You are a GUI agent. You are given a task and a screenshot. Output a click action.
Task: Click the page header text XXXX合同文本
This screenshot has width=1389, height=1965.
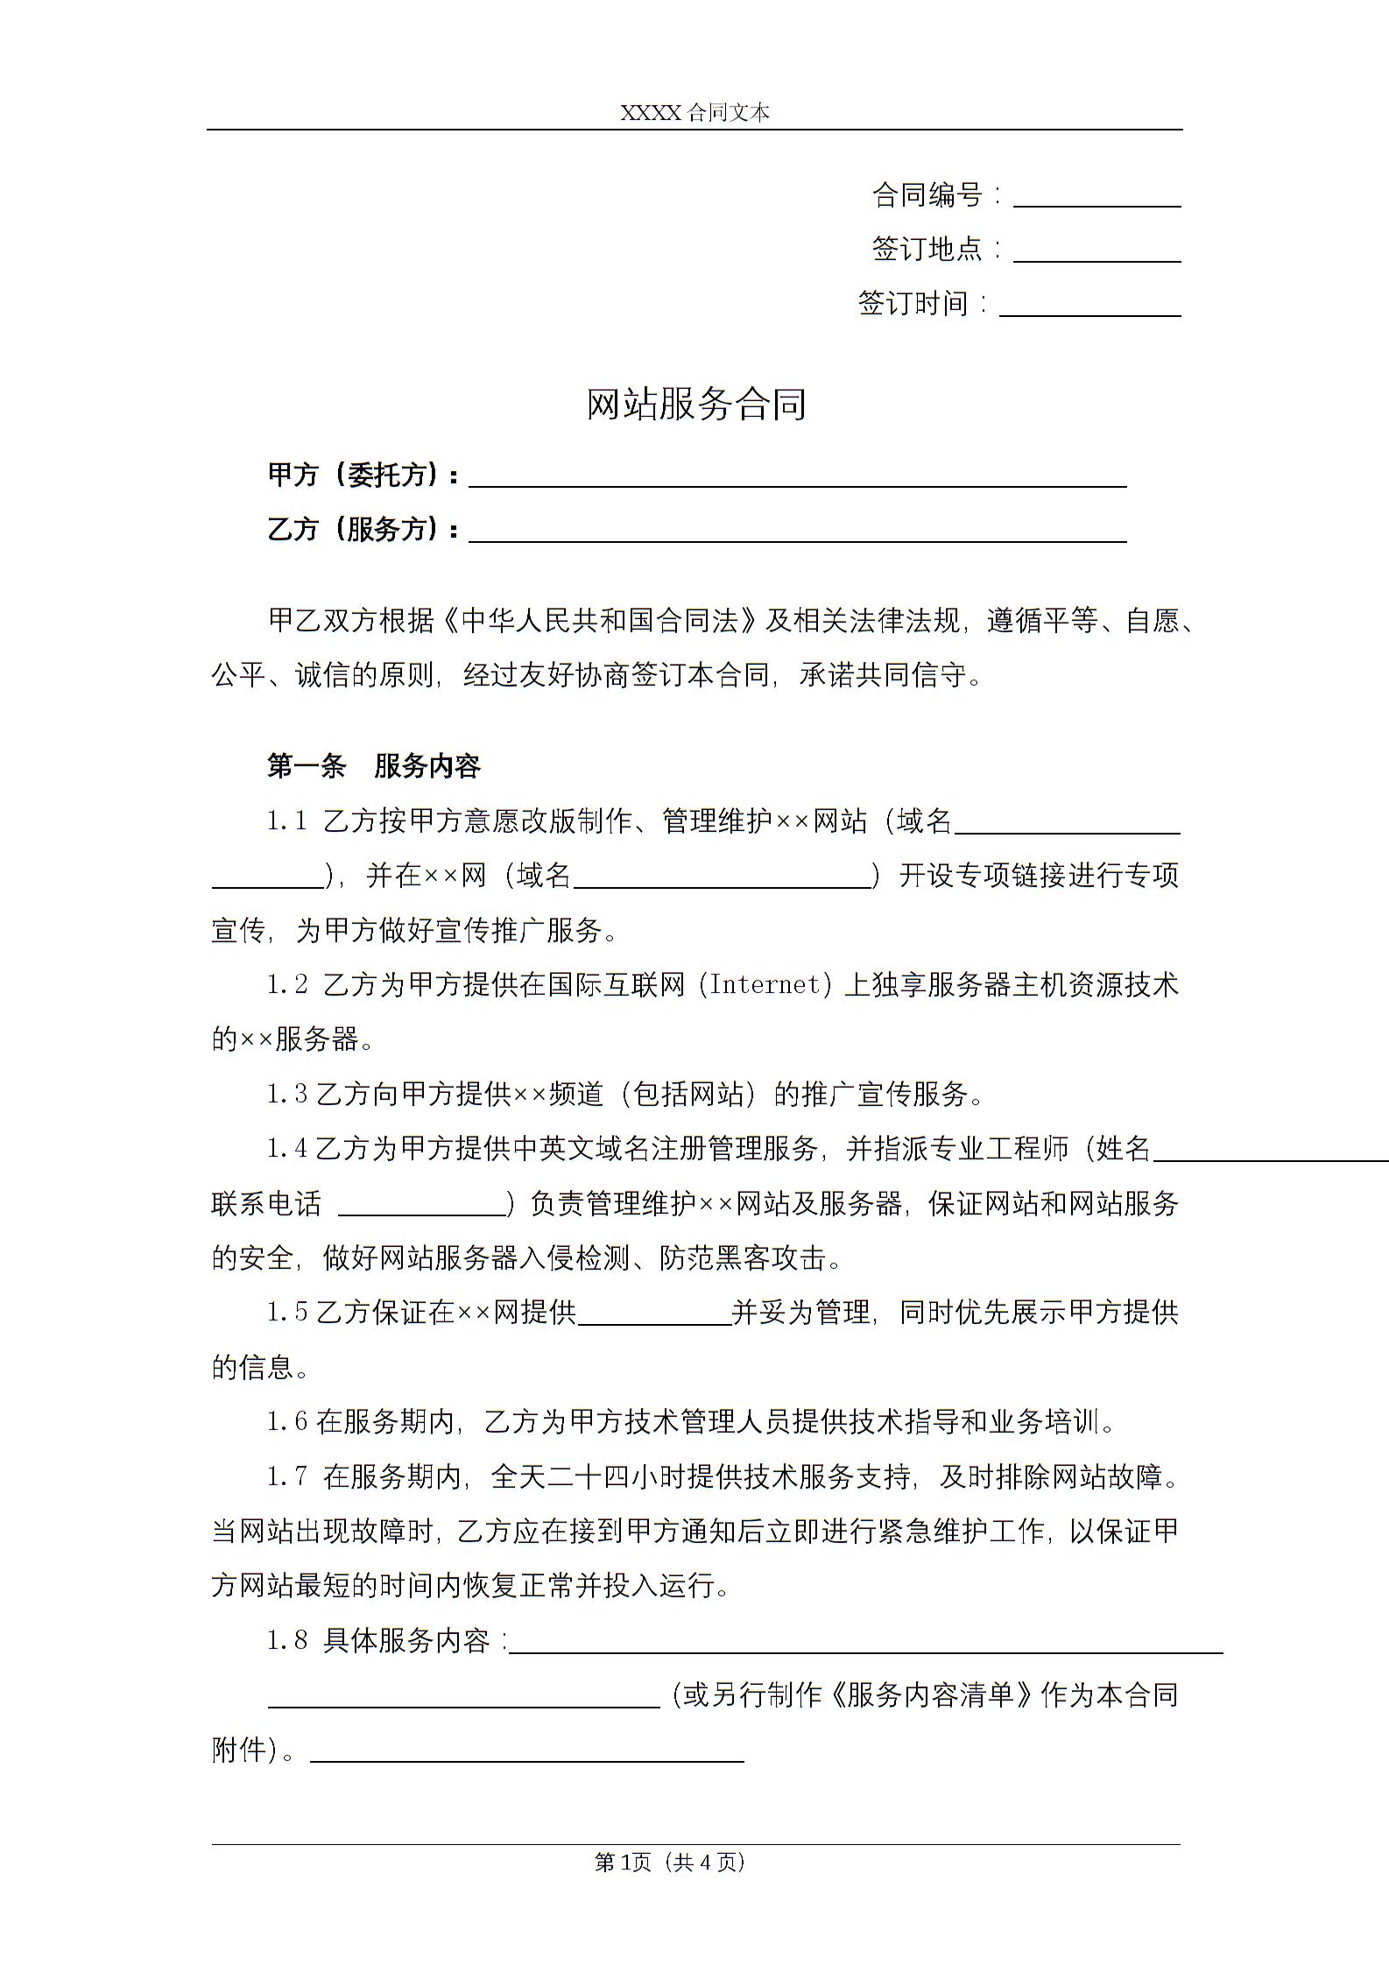(x=694, y=113)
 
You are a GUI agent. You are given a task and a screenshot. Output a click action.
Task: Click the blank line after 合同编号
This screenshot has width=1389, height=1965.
(x=1096, y=201)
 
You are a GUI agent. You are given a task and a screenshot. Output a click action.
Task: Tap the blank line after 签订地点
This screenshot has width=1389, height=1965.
(x=1096, y=256)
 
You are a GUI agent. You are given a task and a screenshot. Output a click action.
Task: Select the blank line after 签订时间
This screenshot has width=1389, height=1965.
(x=1089, y=310)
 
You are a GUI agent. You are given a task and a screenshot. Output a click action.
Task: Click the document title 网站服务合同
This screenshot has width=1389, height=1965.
(x=695, y=405)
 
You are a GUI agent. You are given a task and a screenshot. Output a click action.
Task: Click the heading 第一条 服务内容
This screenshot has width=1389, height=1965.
(x=374, y=766)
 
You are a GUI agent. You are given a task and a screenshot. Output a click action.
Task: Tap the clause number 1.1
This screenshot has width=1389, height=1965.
(x=287, y=821)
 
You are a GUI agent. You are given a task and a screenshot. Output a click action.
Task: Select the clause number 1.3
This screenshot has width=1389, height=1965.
(x=287, y=1094)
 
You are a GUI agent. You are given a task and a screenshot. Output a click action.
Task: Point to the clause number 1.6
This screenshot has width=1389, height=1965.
(x=287, y=1421)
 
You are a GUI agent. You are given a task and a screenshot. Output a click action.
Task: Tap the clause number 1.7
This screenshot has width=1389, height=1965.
(x=287, y=1476)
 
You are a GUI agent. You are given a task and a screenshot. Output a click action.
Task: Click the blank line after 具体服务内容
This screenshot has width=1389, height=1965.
(x=865, y=1647)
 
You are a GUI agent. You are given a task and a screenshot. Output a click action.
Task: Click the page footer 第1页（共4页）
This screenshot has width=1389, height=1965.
(x=669, y=1862)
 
